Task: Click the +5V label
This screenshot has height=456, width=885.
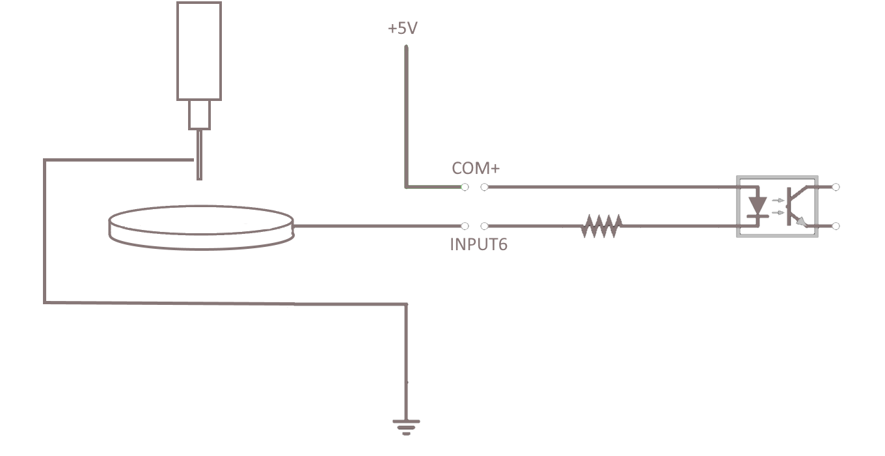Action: pos(402,29)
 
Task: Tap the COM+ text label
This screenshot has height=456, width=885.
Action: pos(476,168)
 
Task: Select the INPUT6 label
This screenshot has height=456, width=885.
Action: pos(478,246)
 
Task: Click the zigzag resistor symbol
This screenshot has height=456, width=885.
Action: pos(601,226)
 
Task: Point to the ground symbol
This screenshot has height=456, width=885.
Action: pos(406,427)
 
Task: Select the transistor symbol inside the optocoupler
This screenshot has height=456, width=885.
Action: pos(794,206)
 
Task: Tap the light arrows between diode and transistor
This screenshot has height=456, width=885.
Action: pos(776,206)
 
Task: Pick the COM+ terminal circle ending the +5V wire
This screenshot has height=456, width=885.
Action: pos(465,188)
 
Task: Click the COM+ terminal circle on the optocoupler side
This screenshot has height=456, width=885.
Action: pos(484,188)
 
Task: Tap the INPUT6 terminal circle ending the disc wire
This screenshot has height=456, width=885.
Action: pos(465,226)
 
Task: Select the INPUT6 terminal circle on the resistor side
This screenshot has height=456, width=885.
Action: pos(484,226)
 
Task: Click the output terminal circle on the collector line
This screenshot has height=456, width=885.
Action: pos(836,188)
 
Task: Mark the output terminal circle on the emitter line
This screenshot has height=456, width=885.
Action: pos(836,226)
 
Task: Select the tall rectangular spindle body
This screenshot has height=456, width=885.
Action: pos(199,51)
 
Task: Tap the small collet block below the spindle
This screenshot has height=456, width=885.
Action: pos(199,115)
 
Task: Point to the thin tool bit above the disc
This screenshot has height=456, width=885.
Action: pos(199,154)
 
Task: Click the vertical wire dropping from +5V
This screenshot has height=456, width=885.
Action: pos(406,117)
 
